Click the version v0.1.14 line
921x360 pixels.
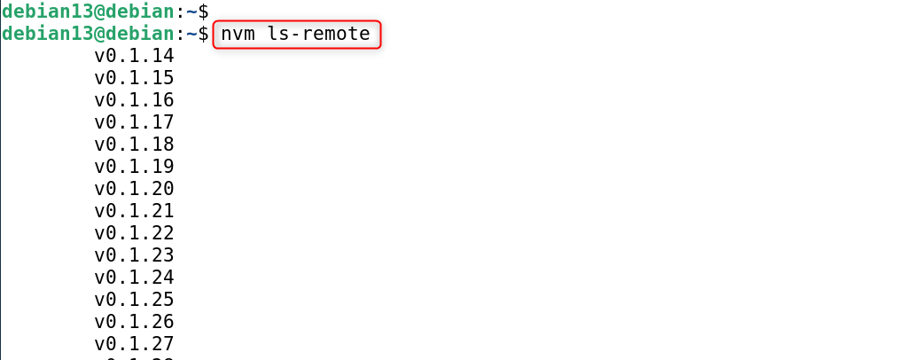tap(134, 56)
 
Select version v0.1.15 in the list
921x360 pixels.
tap(134, 78)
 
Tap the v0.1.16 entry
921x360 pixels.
tap(134, 100)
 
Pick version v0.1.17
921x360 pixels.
tap(134, 122)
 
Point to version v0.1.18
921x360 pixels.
tap(134, 145)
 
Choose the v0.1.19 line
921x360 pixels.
tap(134, 167)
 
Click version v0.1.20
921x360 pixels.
tap(134, 189)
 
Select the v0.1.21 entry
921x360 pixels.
tap(134, 211)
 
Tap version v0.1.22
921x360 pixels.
tap(134, 233)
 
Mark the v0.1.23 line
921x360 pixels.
tap(134, 255)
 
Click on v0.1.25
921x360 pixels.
tap(134, 300)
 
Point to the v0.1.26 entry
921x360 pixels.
tap(134, 322)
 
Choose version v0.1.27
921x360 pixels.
tap(134, 344)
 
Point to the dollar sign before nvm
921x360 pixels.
tap(203, 35)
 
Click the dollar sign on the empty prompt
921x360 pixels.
tap(203, 12)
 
